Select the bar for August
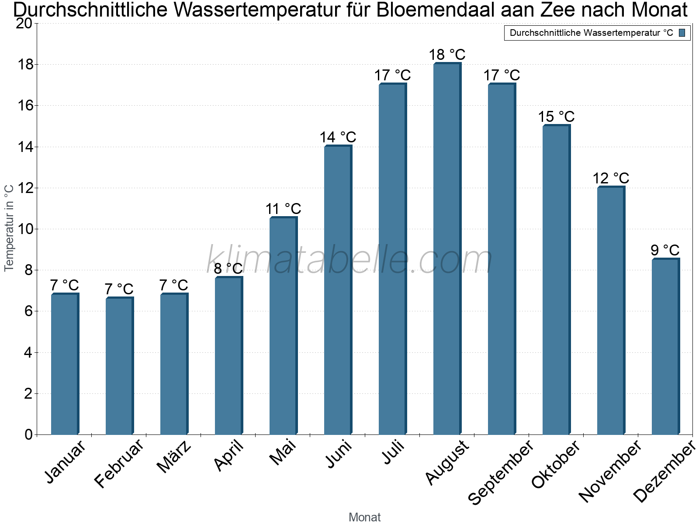447,249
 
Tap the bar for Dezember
665,347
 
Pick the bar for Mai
283,326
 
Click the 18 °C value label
447,55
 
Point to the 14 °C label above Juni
338,138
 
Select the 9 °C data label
665,250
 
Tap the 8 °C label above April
228,269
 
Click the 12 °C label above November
611,179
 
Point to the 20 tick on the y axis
24,23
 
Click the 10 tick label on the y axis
24,229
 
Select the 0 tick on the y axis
28,434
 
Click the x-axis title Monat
364,517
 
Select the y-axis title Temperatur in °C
9,228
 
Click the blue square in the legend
682,33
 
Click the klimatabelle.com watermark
349,260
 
